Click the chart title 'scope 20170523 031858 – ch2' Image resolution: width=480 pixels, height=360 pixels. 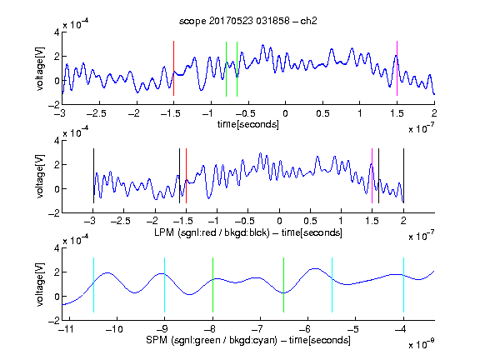[248, 21]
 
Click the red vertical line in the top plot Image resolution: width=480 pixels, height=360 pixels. [173, 68]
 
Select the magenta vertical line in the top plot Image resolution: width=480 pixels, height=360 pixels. [397, 68]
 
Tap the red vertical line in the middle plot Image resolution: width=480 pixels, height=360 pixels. [186, 176]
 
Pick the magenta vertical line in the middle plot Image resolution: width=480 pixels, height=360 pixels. [372, 176]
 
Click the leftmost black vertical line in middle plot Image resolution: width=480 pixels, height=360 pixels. [93, 176]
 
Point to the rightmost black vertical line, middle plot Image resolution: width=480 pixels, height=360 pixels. [403, 176]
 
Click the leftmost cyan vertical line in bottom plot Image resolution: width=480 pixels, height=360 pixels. [93, 285]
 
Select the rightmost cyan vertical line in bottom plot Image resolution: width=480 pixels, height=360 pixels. [403, 285]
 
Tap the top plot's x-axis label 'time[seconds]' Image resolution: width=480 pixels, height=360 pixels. [248, 124]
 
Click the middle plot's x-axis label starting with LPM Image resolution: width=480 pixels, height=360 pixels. [248, 232]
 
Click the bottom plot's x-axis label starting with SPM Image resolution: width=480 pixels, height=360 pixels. [248, 340]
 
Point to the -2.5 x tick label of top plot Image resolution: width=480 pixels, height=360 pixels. [97, 113]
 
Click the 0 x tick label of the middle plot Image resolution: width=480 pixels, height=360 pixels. [279, 221]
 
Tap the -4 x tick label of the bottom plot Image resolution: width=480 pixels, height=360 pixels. [400, 329]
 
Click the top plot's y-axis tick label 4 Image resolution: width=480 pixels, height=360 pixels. [57, 32]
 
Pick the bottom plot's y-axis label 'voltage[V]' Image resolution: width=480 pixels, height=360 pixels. [40, 284]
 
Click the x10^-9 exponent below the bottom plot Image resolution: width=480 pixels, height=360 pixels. [421, 344]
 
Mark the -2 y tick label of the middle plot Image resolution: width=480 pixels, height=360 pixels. [54, 213]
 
